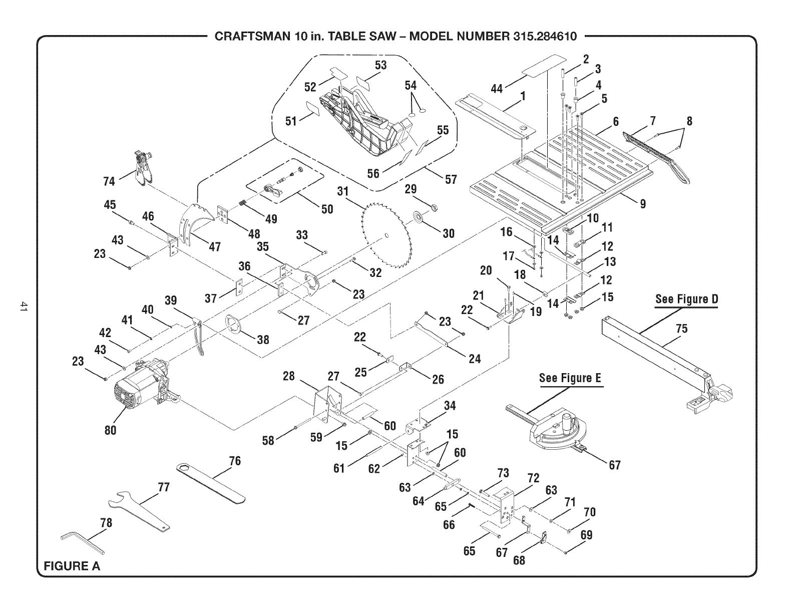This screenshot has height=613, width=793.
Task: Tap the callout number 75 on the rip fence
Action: pos(681,329)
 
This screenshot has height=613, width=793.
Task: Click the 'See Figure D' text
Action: pos(686,299)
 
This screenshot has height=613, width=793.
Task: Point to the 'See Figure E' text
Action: pos(570,378)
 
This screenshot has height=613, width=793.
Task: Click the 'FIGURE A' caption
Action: pos(72,566)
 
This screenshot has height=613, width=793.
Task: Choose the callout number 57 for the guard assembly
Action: pos(451,179)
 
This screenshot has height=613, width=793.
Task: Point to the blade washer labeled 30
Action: pos(417,218)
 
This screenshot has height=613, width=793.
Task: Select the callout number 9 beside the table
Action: pos(643,203)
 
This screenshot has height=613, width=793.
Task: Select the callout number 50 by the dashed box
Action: pos(327,208)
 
